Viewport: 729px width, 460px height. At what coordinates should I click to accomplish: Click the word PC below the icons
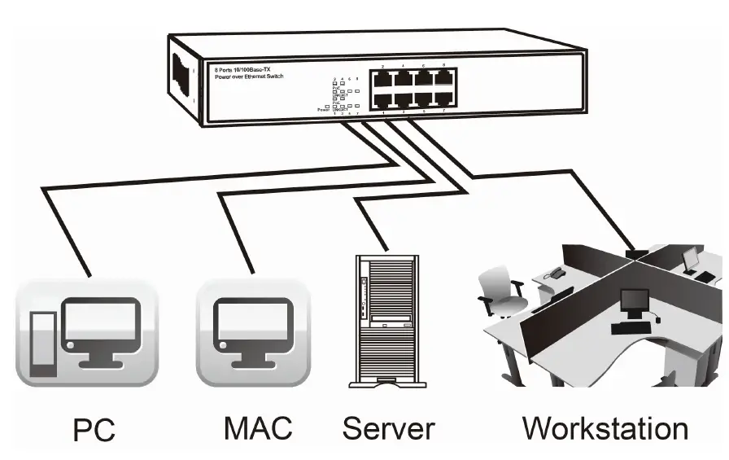pyautogui.click(x=94, y=429)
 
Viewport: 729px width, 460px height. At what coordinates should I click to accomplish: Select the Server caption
pyautogui.click(x=388, y=427)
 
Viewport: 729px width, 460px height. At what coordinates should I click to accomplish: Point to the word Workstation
pyautogui.click(x=605, y=427)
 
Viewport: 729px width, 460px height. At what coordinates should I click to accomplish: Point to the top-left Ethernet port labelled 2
pyautogui.click(x=382, y=79)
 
